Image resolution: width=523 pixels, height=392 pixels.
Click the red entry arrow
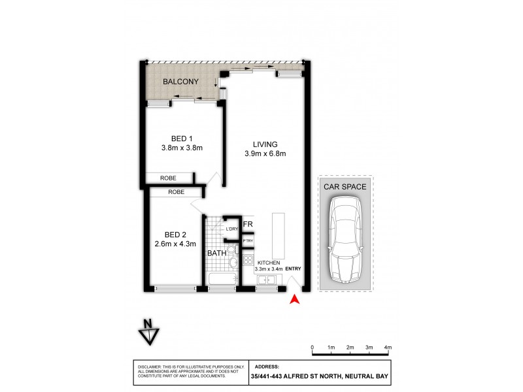294,299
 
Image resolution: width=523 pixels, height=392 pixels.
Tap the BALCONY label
181,82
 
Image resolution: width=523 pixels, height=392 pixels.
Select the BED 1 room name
182,138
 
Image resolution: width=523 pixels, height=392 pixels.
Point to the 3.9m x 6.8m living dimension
265,154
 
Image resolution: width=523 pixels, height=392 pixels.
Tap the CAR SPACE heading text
345,186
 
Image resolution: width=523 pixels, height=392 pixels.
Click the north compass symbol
149,332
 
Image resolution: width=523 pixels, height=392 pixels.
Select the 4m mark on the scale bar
388,347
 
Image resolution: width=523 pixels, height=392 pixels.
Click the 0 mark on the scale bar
312,347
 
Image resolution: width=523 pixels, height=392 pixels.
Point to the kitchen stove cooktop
248,260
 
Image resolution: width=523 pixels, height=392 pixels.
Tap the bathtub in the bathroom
222,282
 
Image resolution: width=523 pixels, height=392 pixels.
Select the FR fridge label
248,224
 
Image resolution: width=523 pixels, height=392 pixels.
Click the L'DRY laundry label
231,229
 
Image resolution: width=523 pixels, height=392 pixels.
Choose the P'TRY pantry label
248,242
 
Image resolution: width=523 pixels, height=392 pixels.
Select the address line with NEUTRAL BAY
320,376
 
